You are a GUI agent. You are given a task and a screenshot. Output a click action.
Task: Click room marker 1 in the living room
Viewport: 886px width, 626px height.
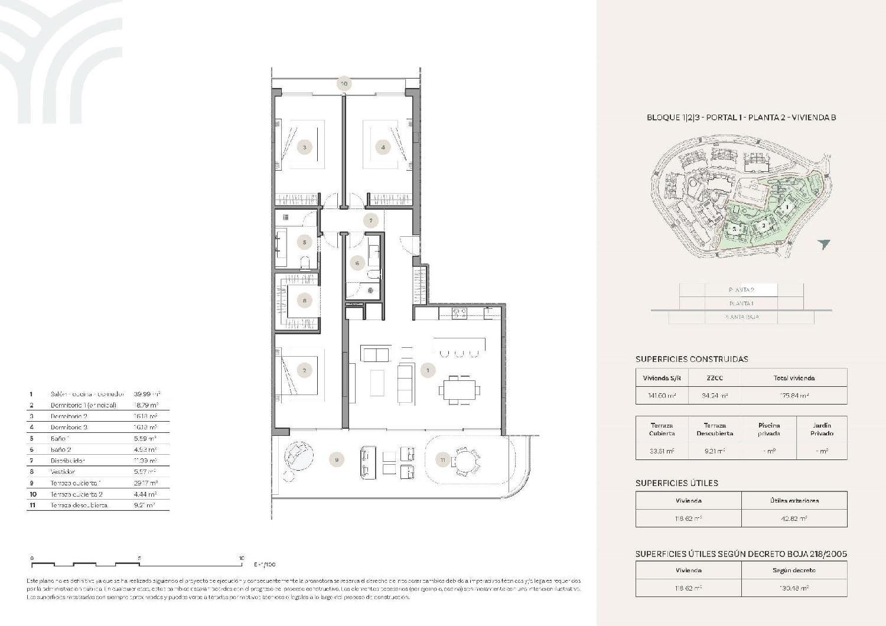click(428, 370)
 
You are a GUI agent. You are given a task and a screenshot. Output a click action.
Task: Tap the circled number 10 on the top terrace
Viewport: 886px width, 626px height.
click(344, 84)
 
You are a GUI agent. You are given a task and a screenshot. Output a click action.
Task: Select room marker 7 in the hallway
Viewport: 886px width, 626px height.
click(371, 221)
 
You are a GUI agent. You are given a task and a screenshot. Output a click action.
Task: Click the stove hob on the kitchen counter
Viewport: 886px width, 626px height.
click(459, 312)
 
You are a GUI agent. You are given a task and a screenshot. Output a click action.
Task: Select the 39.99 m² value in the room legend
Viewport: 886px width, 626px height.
click(147, 394)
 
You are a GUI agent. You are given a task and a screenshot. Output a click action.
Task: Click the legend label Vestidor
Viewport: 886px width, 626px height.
click(63, 472)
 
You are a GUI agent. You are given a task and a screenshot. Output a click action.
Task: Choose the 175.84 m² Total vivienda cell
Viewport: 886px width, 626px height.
click(794, 396)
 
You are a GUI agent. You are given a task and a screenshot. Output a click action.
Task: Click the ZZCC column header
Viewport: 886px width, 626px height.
click(715, 378)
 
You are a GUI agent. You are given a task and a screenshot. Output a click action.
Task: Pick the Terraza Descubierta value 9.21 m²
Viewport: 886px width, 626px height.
click(715, 451)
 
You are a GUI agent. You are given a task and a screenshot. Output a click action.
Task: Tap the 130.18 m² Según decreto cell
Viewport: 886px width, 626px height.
click(794, 588)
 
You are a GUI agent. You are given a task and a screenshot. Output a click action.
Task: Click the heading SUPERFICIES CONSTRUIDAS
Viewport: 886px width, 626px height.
click(692, 359)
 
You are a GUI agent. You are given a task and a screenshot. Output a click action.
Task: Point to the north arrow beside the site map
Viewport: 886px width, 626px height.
click(824, 244)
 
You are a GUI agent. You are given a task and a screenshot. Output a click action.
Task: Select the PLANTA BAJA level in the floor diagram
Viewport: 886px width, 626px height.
click(741, 317)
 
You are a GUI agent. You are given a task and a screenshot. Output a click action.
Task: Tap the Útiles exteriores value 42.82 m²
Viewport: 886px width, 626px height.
click(794, 519)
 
